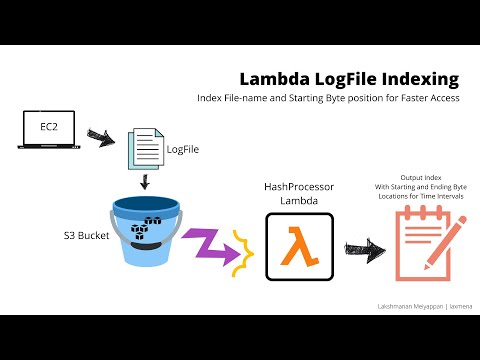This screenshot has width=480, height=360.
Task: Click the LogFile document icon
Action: (143, 150)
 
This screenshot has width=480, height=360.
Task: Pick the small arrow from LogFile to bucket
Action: (145, 181)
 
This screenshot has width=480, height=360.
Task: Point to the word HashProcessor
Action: (297, 186)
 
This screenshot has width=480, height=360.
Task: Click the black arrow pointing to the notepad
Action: (362, 246)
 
